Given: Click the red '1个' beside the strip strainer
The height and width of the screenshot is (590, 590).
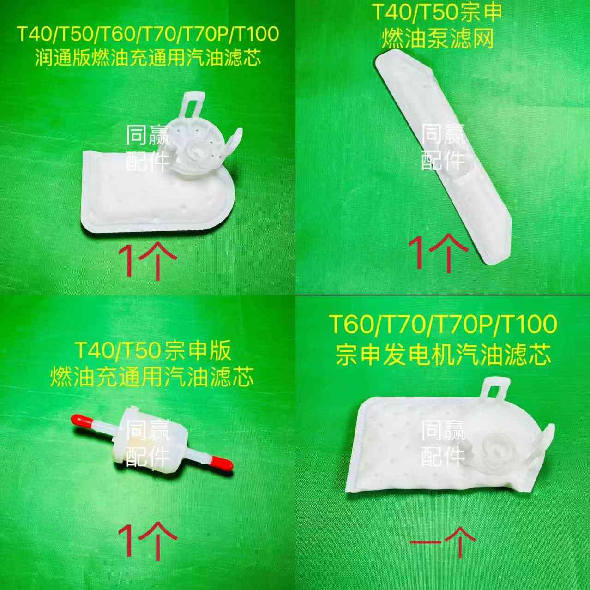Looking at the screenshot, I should (x=438, y=252).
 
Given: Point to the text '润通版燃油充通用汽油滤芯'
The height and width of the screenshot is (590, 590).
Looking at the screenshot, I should (x=148, y=57).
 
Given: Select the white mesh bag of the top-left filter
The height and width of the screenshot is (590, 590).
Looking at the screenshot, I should (x=148, y=194).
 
